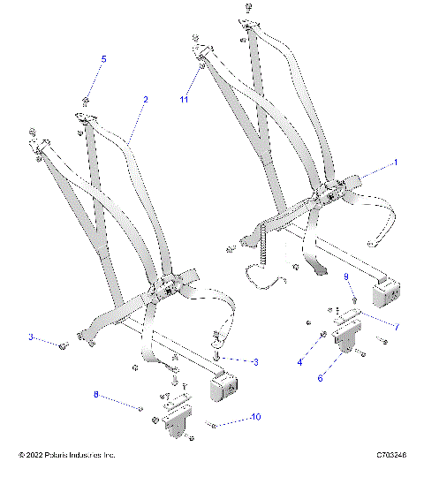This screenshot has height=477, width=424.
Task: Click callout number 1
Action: click(x=395, y=163)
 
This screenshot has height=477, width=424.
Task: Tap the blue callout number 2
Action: click(x=145, y=100)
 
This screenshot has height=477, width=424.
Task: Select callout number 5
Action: click(x=103, y=58)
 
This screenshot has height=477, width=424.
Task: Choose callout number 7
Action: click(x=397, y=327)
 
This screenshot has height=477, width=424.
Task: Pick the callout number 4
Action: click(x=299, y=362)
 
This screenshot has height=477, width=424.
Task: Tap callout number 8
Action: click(x=95, y=397)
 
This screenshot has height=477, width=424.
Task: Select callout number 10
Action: click(x=256, y=415)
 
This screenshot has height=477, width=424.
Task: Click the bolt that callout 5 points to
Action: click(x=86, y=98)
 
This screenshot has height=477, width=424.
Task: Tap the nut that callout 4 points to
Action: click(x=324, y=334)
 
